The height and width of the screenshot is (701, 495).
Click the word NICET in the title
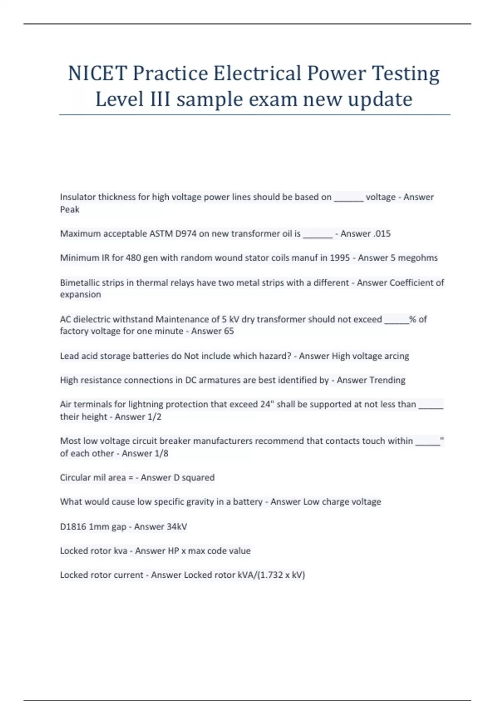click(97, 73)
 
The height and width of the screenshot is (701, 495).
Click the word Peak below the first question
click(70, 209)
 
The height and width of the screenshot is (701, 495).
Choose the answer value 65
click(229, 331)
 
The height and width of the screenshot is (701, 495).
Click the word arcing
click(396, 356)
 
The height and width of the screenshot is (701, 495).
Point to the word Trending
click(388, 380)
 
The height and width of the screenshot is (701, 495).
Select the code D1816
click(73, 527)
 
